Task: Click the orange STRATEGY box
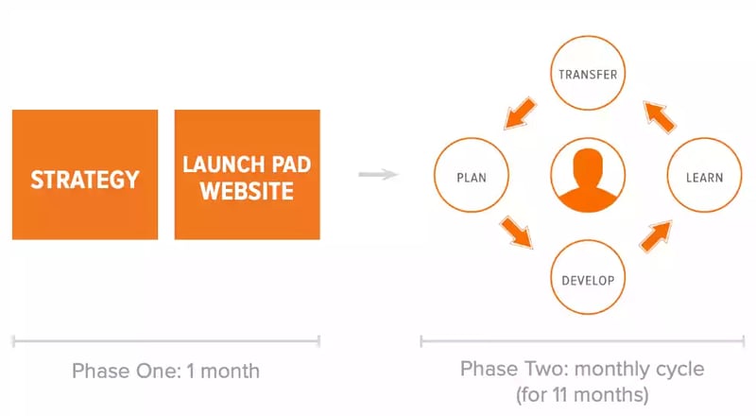(85, 174)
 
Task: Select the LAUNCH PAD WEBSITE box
(247, 174)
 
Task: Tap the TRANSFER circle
(588, 74)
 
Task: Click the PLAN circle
(472, 177)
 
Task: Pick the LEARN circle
(704, 177)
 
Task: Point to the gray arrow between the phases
(379, 174)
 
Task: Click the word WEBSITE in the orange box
(247, 191)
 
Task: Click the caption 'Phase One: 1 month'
(165, 370)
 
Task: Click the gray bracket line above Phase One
(165, 340)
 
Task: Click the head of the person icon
(588, 160)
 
